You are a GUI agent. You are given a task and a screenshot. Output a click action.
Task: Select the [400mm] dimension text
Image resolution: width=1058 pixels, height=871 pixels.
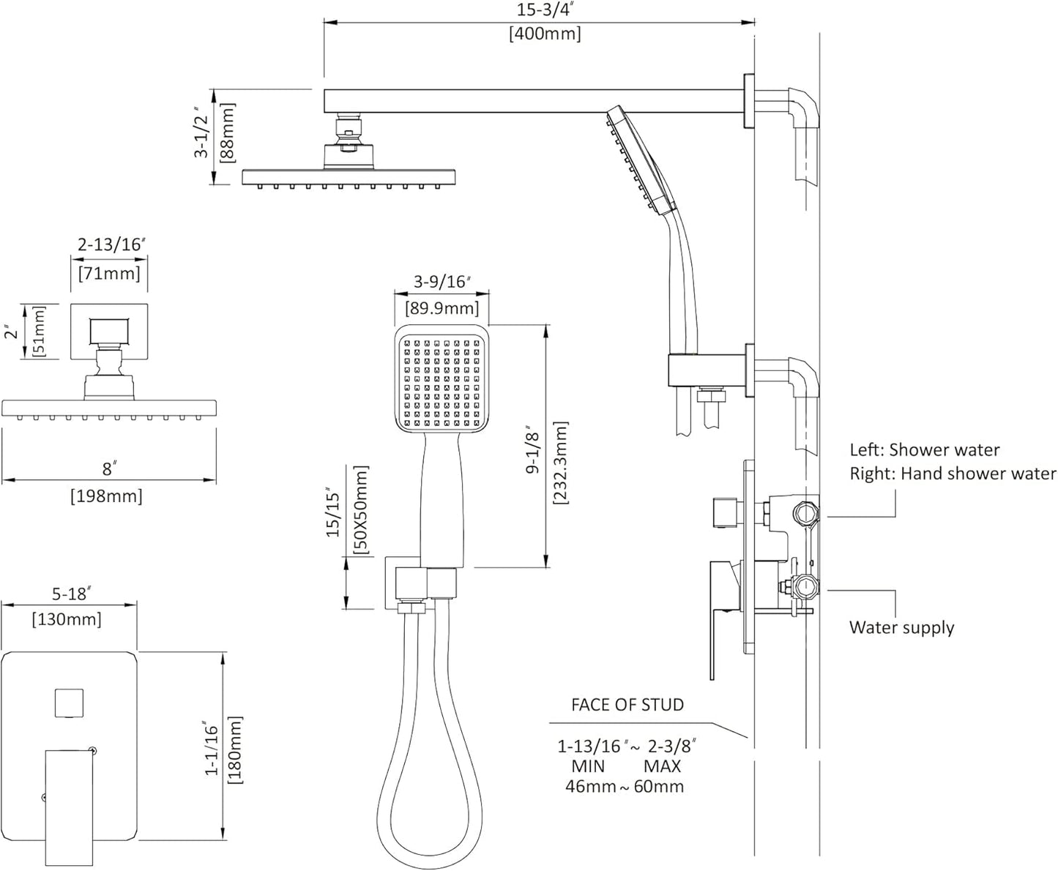tap(545, 34)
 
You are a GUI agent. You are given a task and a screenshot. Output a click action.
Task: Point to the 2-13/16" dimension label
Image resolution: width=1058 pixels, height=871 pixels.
tap(109, 245)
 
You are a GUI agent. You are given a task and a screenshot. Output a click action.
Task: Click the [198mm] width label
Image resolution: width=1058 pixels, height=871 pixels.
tap(107, 496)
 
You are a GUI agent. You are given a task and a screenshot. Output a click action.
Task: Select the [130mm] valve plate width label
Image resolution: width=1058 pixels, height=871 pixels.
tap(67, 620)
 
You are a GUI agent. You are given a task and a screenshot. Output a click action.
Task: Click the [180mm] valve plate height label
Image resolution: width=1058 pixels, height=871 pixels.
tap(235, 749)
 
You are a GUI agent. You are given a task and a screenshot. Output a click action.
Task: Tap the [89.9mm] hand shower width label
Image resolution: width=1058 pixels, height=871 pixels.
tap(442, 308)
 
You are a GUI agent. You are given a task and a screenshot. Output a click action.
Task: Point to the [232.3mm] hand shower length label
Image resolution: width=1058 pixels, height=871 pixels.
tap(560, 463)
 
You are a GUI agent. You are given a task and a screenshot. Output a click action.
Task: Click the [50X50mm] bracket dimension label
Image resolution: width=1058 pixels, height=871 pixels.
tap(360, 510)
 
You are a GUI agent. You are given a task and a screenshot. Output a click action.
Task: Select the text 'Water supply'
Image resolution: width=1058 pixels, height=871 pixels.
tap(901, 628)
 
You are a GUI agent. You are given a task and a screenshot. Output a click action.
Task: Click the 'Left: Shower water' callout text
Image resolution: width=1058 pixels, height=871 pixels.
tap(924, 450)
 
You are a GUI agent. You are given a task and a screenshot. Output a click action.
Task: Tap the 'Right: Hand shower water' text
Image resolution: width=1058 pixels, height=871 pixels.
tap(953, 474)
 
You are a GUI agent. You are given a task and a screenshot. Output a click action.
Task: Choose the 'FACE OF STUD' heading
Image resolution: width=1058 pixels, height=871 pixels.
tap(627, 705)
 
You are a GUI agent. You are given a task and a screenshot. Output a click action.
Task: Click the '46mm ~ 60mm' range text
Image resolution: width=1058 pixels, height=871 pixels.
tap(625, 787)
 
